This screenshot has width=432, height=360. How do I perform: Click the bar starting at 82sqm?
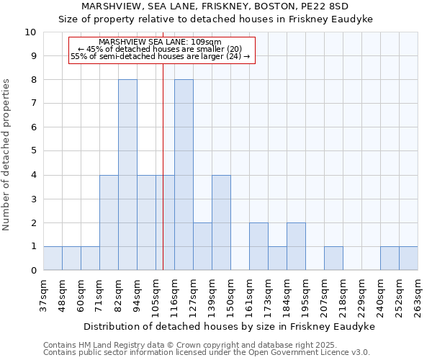pyautogui.click(x=127, y=175)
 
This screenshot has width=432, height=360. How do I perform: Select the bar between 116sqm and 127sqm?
pyautogui.click(x=184, y=175)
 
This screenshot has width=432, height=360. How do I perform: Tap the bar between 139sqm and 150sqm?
pyautogui.click(x=221, y=222)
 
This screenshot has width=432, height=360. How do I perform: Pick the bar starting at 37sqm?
pyautogui.click(x=53, y=258)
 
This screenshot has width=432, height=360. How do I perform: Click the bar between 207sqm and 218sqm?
pyautogui.click(x=333, y=258)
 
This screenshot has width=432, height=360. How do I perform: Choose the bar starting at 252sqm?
pyautogui.click(x=408, y=258)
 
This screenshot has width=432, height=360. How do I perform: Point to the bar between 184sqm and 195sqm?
pyautogui.click(x=296, y=246)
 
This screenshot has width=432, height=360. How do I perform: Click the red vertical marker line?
pyautogui.click(x=163, y=180)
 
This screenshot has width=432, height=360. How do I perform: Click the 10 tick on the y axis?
pyautogui.click(x=30, y=32)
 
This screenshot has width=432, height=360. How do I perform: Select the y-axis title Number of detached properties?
pyautogui.click(x=7, y=155)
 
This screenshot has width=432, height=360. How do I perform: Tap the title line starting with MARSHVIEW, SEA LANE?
pyautogui.click(x=216, y=6)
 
